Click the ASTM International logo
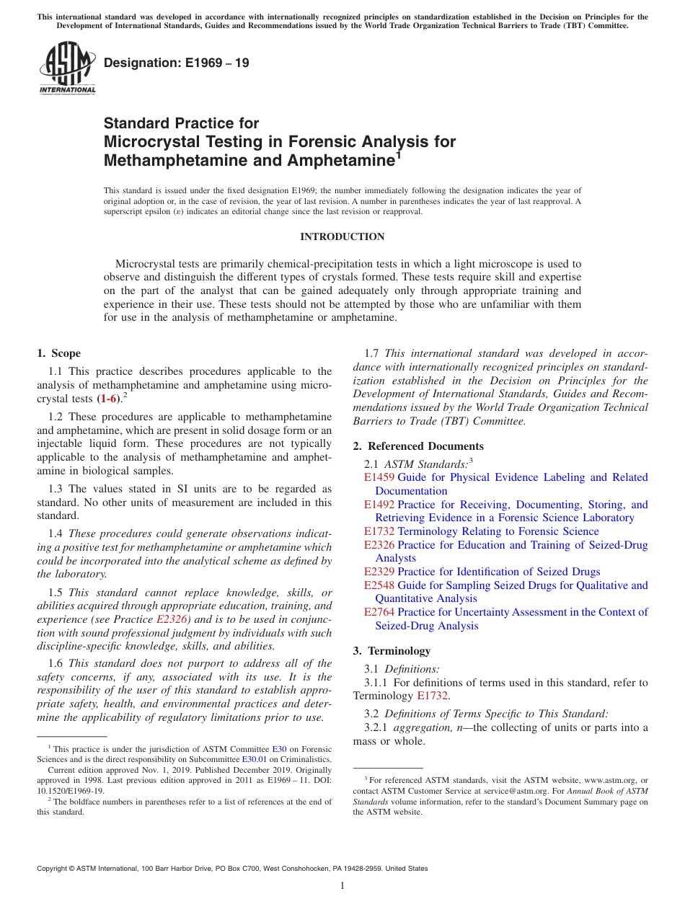[x=66, y=68]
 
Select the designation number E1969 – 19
[x=177, y=63]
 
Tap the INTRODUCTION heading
[x=342, y=237]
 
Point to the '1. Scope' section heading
[x=58, y=353]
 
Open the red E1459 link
[x=379, y=477]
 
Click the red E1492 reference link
[x=379, y=505]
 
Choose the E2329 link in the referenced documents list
[x=379, y=572]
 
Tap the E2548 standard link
[x=379, y=585]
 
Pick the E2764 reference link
[x=379, y=612]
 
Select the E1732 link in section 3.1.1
[x=433, y=696]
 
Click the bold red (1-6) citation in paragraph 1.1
[x=109, y=399]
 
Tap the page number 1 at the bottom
[x=342, y=886]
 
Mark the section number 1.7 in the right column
[x=372, y=353]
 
